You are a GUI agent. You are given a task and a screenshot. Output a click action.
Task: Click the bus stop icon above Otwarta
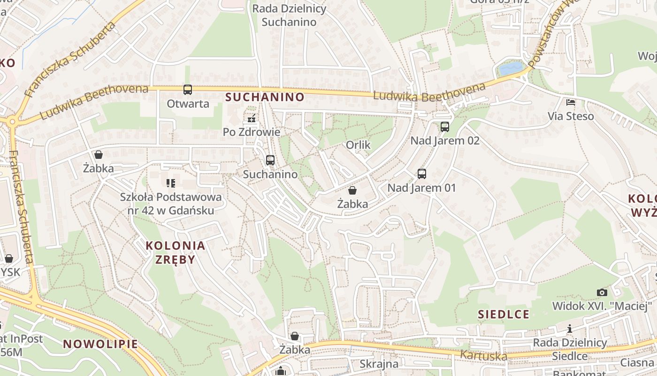[188, 89]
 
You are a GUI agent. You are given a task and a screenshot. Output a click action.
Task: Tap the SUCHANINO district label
[265, 97]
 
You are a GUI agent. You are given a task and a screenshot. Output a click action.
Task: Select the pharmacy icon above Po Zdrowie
[252, 118]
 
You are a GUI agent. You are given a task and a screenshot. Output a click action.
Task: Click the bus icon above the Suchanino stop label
[270, 160]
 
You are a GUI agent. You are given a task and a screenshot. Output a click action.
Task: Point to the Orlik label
[358, 145]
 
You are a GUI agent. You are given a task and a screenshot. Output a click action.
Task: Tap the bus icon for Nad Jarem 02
[444, 126]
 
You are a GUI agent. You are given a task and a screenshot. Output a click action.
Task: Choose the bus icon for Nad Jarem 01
[422, 174]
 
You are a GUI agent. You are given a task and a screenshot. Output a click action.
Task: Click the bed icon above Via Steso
[571, 102]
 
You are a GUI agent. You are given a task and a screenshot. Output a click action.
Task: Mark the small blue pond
[511, 69]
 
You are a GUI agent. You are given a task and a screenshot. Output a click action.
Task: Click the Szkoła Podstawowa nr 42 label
[171, 204]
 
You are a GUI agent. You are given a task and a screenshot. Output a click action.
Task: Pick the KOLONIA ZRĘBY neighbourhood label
[175, 252]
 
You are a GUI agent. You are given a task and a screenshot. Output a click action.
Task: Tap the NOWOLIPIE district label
[101, 344]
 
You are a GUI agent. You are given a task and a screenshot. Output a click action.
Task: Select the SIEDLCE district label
[504, 314]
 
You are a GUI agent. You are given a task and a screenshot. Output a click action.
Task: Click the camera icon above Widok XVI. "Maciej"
[602, 292]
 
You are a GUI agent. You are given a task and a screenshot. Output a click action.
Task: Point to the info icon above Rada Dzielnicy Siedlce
[570, 329]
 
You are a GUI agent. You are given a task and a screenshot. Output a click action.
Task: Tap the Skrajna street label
[379, 364]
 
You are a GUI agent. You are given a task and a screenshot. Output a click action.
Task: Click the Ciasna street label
[636, 362]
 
